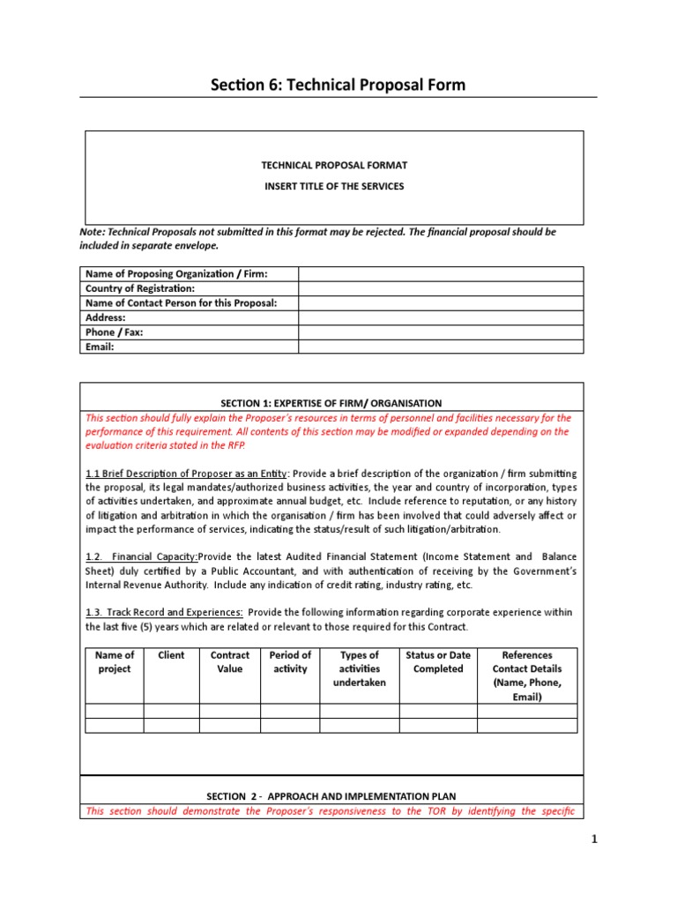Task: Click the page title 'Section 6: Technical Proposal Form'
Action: click(x=338, y=85)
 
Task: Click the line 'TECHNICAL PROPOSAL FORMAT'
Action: click(x=334, y=165)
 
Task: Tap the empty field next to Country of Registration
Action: click(x=441, y=288)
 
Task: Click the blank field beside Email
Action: click(x=441, y=347)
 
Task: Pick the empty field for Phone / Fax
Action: click(x=441, y=332)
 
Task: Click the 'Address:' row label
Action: click(x=106, y=317)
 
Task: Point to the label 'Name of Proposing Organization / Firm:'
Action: click(x=176, y=274)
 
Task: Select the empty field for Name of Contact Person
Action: click(x=441, y=303)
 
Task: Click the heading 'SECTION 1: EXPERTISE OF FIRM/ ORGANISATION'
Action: click(x=331, y=403)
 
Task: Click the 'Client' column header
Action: click(x=171, y=655)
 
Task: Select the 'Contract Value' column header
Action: click(x=230, y=662)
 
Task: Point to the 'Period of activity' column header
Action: click(x=290, y=662)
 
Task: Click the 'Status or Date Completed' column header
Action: click(x=438, y=662)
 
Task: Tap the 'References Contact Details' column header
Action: click(x=527, y=675)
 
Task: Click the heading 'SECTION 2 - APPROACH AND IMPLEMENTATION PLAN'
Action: click(x=331, y=796)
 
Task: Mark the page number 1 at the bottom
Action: click(x=595, y=840)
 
